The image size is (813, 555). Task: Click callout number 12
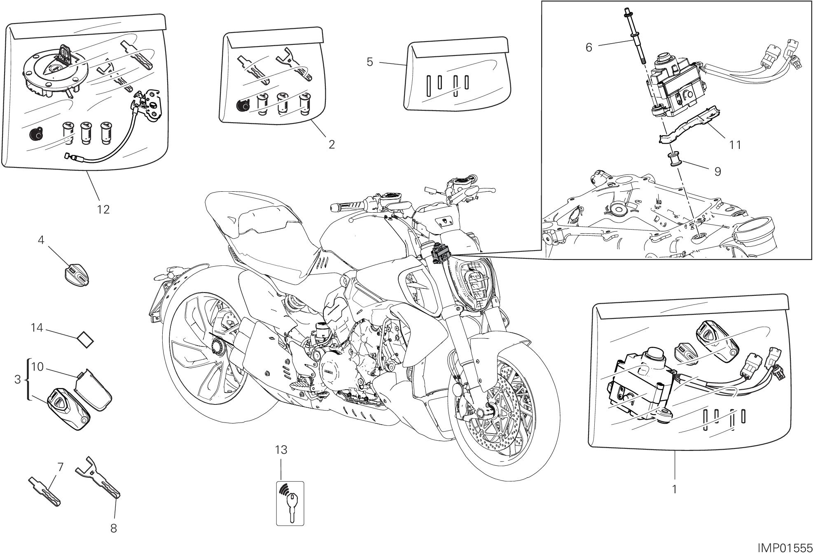point(103,210)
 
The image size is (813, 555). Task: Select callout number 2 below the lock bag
point(331,144)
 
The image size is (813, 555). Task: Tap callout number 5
point(369,62)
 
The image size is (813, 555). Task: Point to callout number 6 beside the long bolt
point(589,48)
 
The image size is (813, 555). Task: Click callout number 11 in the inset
point(735,145)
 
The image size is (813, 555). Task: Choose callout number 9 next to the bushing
point(717,172)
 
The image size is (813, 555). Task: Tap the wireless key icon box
point(290,503)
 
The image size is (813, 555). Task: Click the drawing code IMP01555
point(785,548)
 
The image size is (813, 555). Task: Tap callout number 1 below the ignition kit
point(674,490)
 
